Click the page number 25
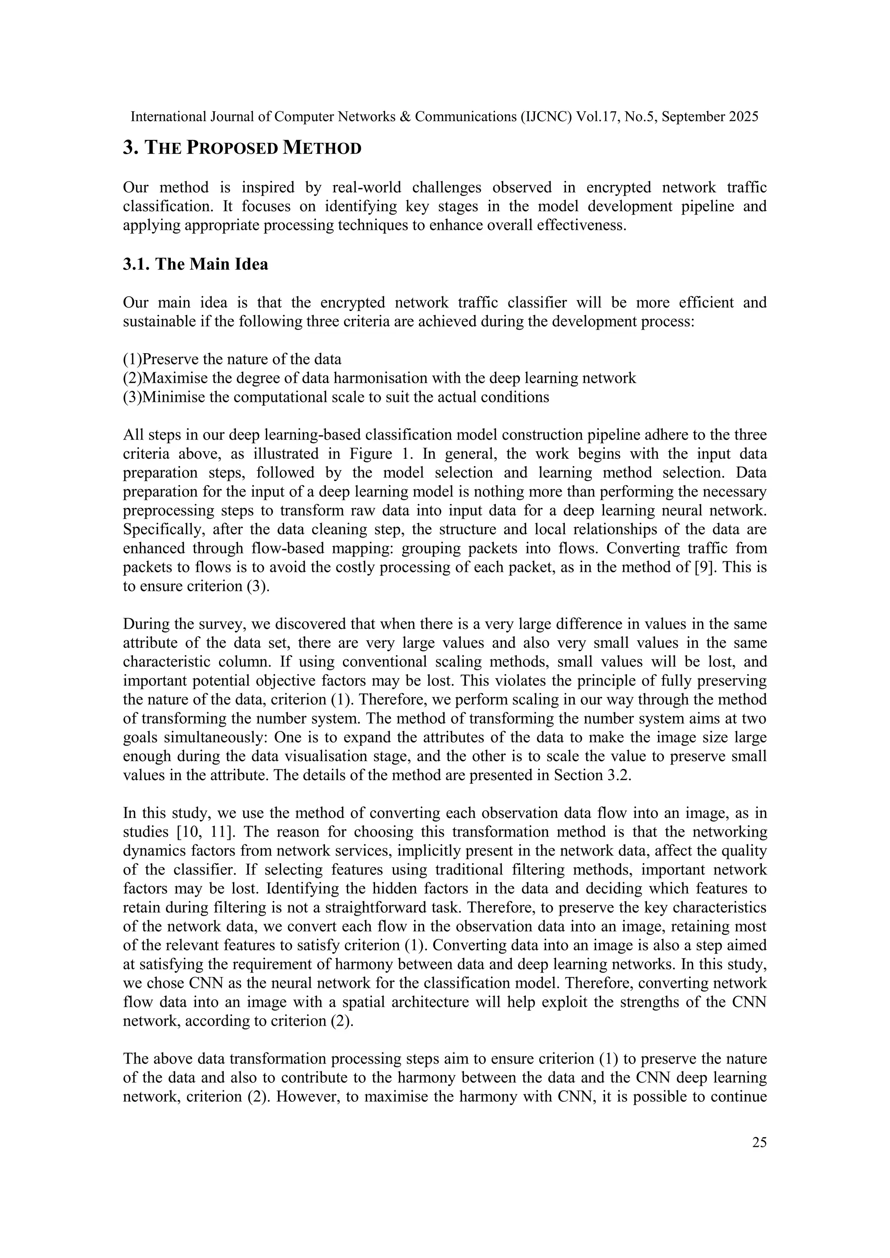(x=759, y=1142)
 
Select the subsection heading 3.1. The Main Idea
(x=196, y=264)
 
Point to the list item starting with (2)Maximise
(x=379, y=378)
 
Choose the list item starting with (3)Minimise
(x=336, y=397)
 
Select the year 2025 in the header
(x=743, y=117)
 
